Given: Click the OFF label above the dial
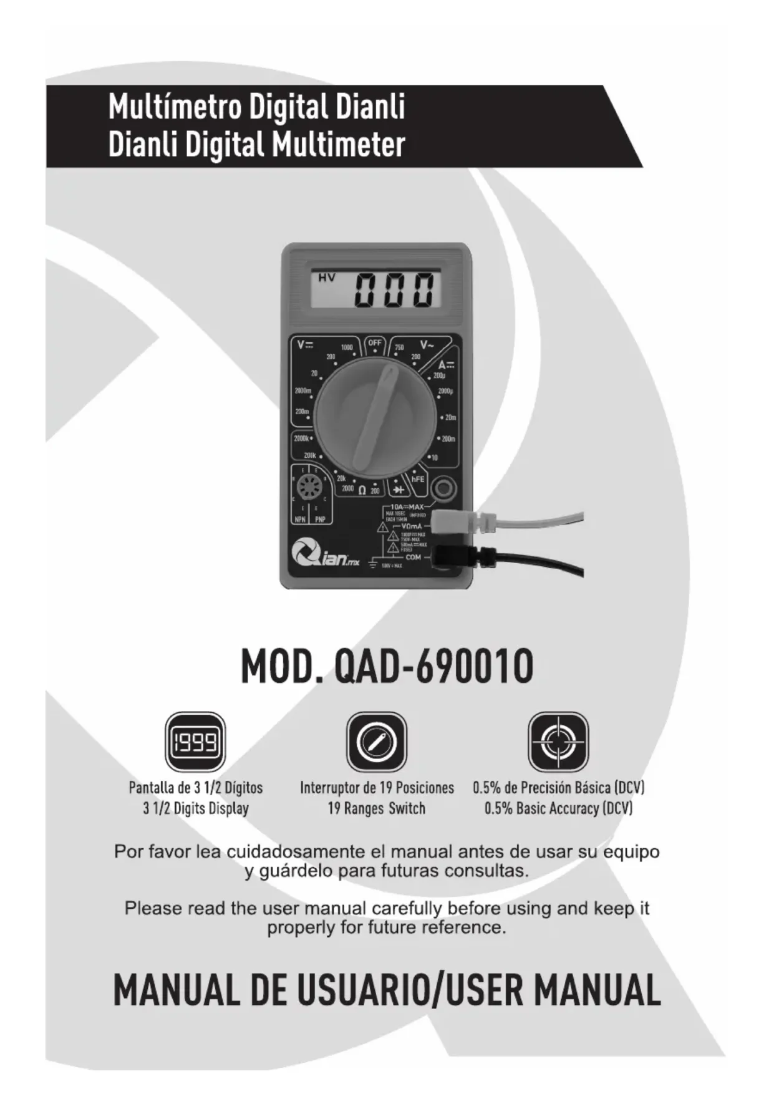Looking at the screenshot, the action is [x=374, y=343].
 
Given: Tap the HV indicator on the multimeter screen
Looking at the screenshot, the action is [x=326, y=278].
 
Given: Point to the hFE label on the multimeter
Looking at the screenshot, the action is [x=417, y=479].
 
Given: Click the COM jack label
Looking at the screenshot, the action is [x=413, y=557].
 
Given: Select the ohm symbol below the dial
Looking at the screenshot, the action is [x=362, y=490].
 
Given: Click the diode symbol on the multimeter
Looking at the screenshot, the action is [x=398, y=490].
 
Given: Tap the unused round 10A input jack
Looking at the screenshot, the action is [x=443, y=487].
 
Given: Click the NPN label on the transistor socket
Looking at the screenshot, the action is [x=300, y=519].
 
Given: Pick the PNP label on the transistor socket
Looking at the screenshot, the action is [x=320, y=519].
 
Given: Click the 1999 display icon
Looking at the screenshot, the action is [x=195, y=742].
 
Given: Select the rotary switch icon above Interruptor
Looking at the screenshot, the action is [x=376, y=742].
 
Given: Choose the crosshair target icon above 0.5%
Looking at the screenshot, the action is [x=558, y=742].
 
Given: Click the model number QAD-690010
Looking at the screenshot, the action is [x=433, y=667].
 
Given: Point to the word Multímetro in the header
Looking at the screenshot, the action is [x=174, y=107].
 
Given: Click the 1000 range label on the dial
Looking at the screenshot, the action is [x=347, y=347].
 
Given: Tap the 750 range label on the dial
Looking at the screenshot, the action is [x=399, y=347].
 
